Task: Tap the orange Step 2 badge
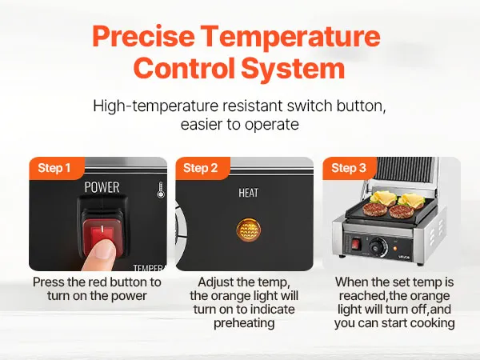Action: pyautogui.click(x=202, y=168)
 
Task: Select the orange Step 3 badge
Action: pyautogui.click(x=350, y=168)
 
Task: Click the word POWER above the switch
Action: pyautogui.click(x=102, y=187)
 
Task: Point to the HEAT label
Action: pyautogui.click(x=248, y=193)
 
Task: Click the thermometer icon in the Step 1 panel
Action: pyautogui.click(x=161, y=190)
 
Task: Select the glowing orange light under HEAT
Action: pyautogui.click(x=249, y=230)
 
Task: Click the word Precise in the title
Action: pyautogui.click(x=143, y=37)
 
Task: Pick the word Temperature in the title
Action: pyautogui.click(x=291, y=37)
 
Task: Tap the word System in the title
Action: pyautogui.click(x=293, y=69)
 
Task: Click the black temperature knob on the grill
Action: pyautogui.click(x=377, y=246)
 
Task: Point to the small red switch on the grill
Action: pyautogui.click(x=355, y=244)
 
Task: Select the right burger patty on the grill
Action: pyautogui.click(x=402, y=211)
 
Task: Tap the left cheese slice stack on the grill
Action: pyautogui.click(x=383, y=198)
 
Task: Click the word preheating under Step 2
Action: pyautogui.click(x=244, y=323)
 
